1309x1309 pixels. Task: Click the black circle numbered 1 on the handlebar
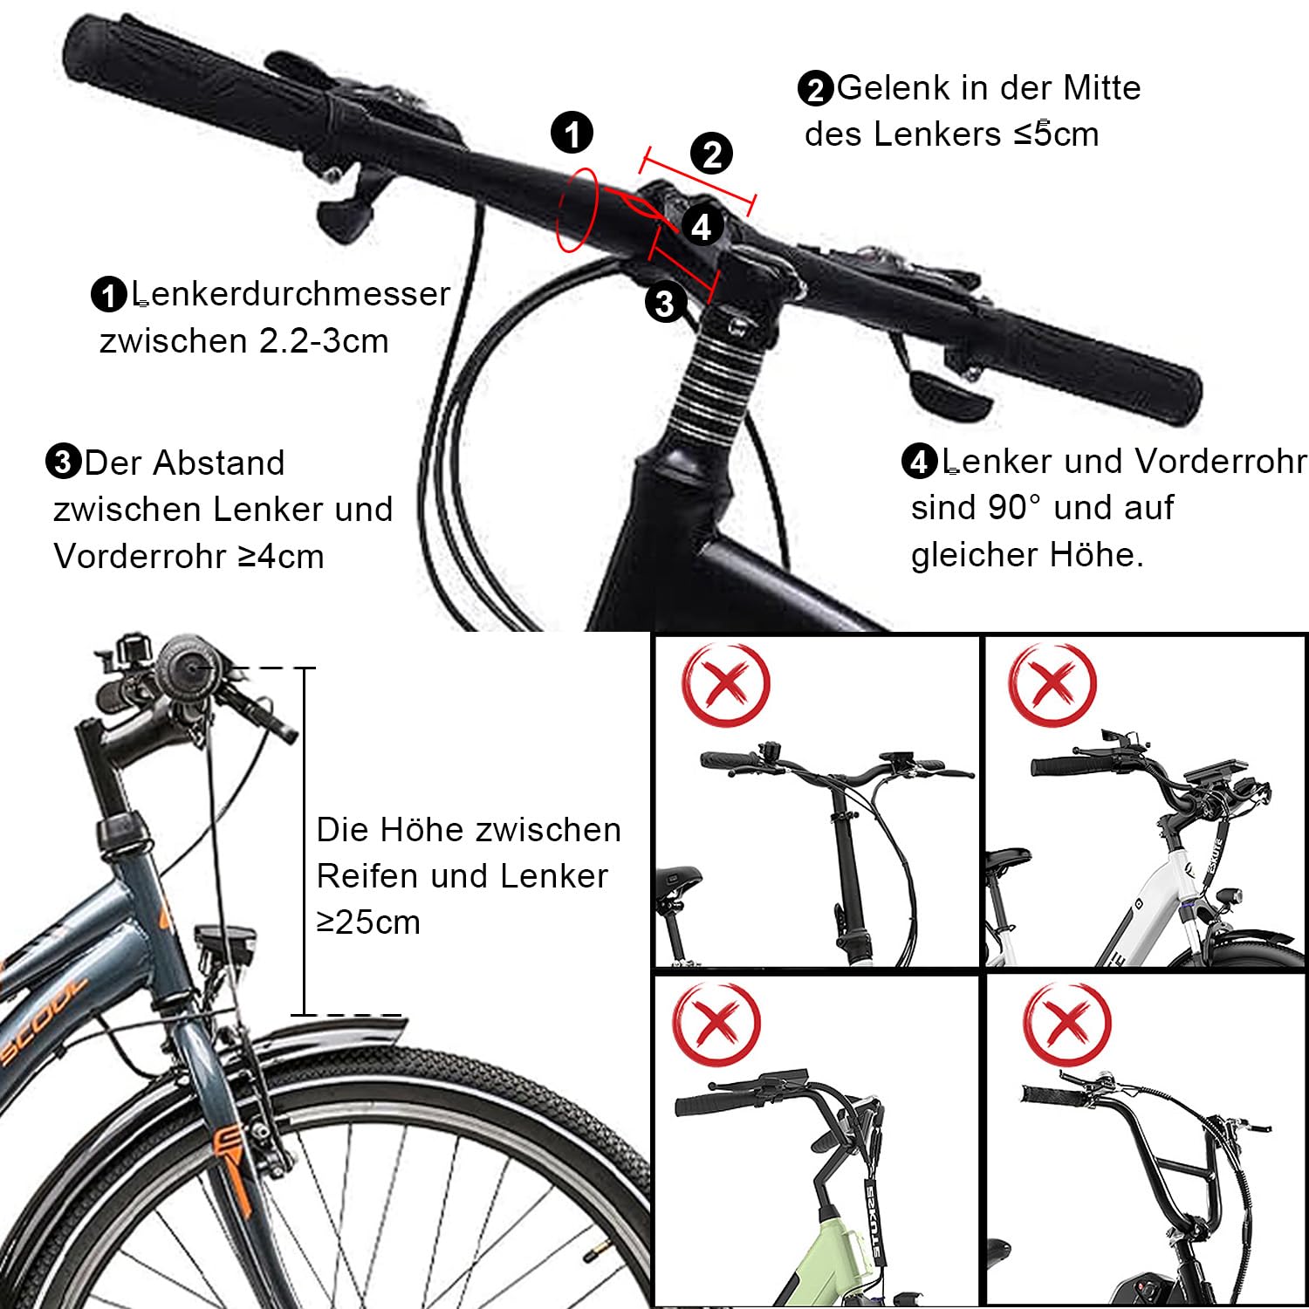[572, 134]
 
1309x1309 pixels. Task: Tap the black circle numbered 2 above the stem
[712, 154]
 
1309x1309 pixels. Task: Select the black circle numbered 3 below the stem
[665, 303]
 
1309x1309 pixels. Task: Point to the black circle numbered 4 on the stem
[702, 227]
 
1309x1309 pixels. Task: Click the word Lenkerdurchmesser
[291, 294]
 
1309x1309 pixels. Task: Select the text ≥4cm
[280, 557]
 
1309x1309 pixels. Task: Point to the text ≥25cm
[368, 922]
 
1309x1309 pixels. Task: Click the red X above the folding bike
[725, 684]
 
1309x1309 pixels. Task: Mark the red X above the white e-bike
[1052, 684]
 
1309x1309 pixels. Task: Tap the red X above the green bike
[716, 1023]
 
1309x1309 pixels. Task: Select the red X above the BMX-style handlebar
[1066, 1023]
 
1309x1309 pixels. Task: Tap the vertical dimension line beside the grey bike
[305, 841]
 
